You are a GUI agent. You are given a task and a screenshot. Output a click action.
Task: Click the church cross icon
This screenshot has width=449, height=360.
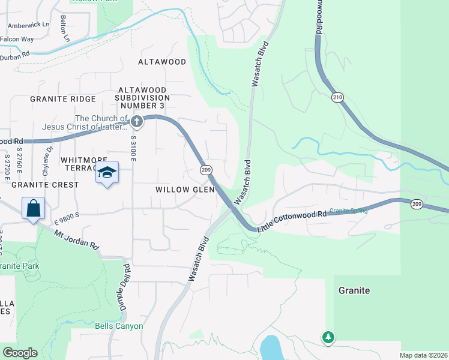pyautogui.click(x=137, y=122)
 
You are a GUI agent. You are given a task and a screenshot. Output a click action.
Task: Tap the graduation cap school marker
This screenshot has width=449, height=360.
pyautogui.click(x=107, y=173)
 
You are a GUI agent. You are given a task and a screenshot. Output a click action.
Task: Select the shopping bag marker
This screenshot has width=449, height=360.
pyautogui.click(x=34, y=209)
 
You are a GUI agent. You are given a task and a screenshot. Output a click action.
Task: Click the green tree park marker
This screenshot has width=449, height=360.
pyautogui.click(x=328, y=337)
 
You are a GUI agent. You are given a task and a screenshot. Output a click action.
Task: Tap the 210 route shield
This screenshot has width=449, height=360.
pyautogui.click(x=338, y=97)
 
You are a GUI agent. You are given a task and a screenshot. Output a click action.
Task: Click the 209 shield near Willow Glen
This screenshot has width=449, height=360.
pyautogui.click(x=206, y=170)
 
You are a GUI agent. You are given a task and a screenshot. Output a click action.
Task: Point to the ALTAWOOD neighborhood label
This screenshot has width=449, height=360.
pyautogui.click(x=161, y=62)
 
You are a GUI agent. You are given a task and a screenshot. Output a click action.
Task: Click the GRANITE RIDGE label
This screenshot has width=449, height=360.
pyautogui.click(x=62, y=99)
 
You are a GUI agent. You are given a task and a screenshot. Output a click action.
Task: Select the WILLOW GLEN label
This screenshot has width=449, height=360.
pyautogui.click(x=185, y=189)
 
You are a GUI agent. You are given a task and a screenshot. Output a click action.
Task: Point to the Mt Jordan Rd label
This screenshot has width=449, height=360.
pyautogui.click(x=77, y=238)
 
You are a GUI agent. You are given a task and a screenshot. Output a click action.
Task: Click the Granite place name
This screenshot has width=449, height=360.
pyautogui.click(x=354, y=290)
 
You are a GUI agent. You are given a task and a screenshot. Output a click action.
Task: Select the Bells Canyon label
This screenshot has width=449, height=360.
pyautogui.click(x=119, y=326)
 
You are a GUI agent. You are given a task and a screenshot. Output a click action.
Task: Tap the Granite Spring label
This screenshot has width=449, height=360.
pyautogui.click(x=348, y=211)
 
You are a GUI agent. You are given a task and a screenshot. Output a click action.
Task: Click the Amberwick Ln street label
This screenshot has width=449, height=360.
pyautogui.click(x=28, y=25)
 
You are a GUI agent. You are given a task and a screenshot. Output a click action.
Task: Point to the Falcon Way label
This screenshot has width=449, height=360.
pyautogui.click(x=17, y=39)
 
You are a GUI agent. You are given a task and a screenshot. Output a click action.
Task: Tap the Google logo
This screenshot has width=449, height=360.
pyautogui.click(x=19, y=352)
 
